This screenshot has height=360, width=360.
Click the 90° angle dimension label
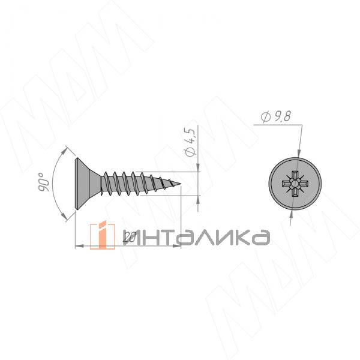(43, 182)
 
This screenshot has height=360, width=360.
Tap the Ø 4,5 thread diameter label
(190, 142)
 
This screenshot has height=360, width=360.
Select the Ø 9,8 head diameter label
(276, 116)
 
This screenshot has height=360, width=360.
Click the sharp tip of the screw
(181, 184)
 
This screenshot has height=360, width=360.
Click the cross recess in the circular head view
(295, 184)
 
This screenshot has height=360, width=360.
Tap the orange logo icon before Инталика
(103, 235)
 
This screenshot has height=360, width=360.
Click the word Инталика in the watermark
(196, 238)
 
